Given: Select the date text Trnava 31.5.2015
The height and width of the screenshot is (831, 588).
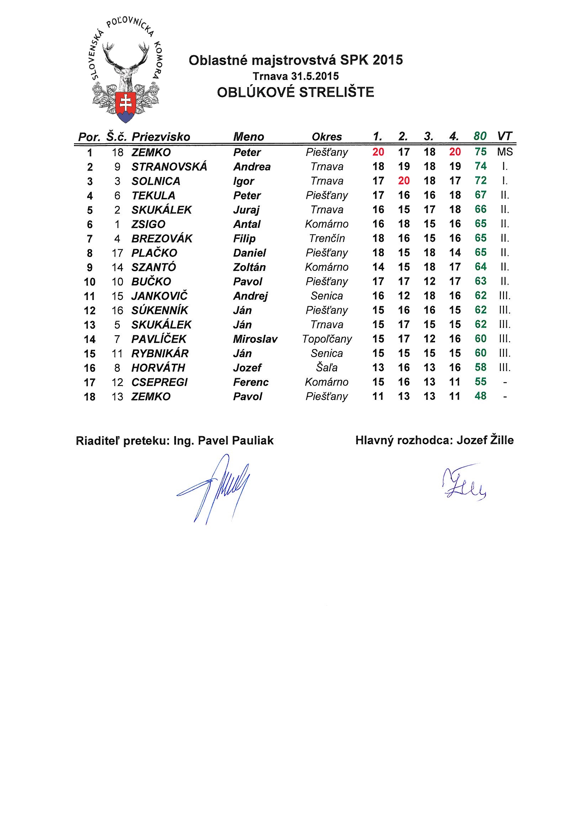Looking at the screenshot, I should tap(296, 76).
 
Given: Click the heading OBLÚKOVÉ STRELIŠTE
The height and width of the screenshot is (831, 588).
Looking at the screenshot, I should tap(295, 92).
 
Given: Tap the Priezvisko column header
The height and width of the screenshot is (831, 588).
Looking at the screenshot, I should tap(160, 137).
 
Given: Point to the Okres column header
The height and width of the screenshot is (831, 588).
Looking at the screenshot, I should tap(327, 137).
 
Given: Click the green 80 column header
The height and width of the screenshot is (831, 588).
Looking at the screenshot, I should tap(480, 136).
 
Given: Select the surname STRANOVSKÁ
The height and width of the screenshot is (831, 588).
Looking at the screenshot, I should tap(169, 166).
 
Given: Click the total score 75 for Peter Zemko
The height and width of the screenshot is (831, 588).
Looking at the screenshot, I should tap(481, 152).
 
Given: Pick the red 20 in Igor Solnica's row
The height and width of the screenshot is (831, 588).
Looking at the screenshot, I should tap(404, 181).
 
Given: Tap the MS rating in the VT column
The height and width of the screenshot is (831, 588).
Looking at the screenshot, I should tap(505, 152).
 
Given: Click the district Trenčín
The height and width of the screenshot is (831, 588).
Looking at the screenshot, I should tap(327, 238).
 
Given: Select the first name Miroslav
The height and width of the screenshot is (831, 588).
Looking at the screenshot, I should tap(255, 339).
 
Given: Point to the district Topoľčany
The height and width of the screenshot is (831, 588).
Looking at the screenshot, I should tap(327, 339).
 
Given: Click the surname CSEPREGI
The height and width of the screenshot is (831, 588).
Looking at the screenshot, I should tap(159, 382).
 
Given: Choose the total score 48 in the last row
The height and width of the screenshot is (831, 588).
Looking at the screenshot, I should tap(481, 396).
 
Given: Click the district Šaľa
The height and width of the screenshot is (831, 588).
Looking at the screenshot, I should tap(327, 368).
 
